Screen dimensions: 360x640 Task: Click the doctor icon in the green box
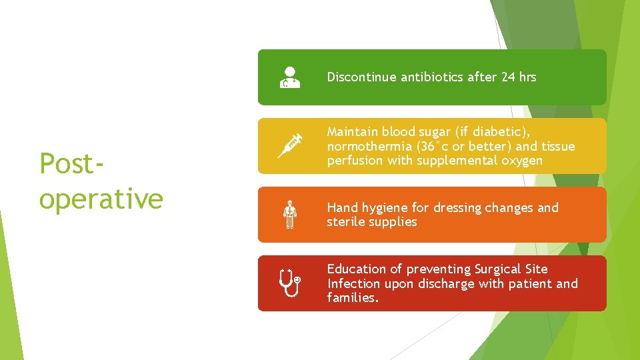(x=289, y=77)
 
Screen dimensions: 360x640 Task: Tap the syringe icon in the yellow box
(x=290, y=146)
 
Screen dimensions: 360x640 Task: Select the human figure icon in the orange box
(x=289, y=215)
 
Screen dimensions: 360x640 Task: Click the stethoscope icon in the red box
(x=290, y=283)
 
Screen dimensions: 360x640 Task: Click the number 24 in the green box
(x=508, y=77)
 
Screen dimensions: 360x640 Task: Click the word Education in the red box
(x=356, y=269)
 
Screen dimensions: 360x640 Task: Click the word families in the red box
(x=351, y=298)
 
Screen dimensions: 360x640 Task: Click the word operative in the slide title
(x=101, y=198)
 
